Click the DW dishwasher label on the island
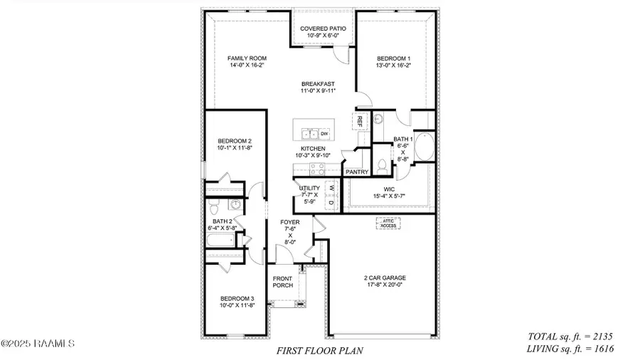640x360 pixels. pos(324,133)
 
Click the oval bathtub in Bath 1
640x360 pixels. pos(425,147)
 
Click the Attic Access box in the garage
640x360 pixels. pos(388,223)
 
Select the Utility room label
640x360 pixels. pos(311,189)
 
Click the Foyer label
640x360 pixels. pos(290,223)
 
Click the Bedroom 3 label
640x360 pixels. pos(237,298)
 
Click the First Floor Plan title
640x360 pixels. pos(319,351)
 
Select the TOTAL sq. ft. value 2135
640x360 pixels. pos(600,336)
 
